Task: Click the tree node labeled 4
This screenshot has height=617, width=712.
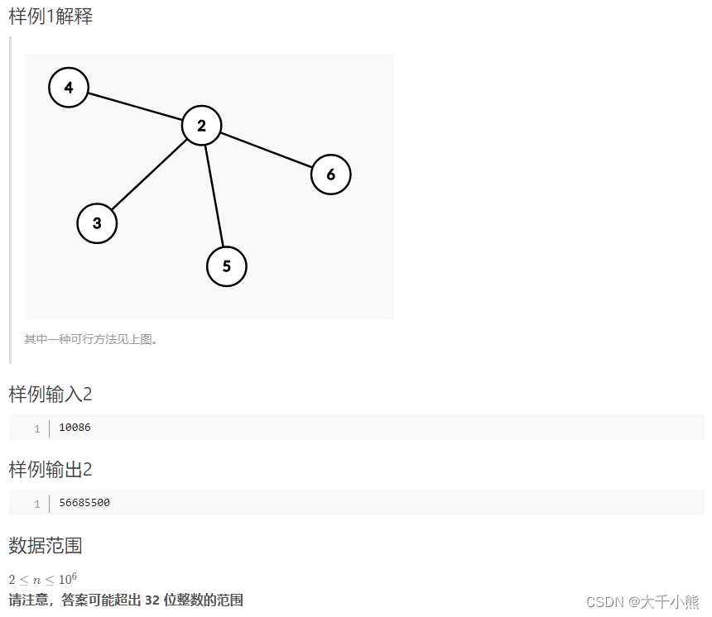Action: tap(69, 88)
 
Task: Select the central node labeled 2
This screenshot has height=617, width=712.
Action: tap(201, 126)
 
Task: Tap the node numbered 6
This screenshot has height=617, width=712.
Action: tap(330, 175)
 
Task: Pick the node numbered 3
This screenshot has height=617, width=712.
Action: tap(97, 223)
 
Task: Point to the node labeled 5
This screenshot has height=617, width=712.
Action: tap(226, 266)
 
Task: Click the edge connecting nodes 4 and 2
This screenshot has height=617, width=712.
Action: tap(135, 107)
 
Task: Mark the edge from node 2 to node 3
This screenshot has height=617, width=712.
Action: tap(149, 175)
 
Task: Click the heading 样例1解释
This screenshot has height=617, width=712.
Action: tap(51, 17)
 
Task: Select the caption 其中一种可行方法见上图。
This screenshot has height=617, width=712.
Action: tap(91, 339)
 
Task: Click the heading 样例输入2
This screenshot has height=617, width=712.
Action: tap(51, 395)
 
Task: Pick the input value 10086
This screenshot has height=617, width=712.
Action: tap(75, 428)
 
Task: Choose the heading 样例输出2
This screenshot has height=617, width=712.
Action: tap(51, 470)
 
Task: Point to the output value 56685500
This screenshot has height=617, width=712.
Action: tap(84, 503)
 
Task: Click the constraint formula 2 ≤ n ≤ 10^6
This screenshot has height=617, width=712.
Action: tap(43, 579)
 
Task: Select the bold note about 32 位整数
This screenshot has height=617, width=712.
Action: tap(126, 600)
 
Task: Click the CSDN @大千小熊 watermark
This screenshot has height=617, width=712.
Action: tap(642, 602)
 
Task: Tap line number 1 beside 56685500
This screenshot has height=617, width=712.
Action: tap(37, 504)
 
